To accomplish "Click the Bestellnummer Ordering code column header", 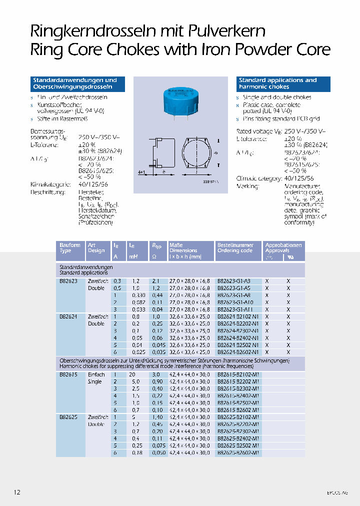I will (x=235, y=248).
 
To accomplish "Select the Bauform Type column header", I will (x=69, y=248).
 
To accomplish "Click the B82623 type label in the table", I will (x=68, y=281).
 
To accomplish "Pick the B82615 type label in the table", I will (x=68, y=374).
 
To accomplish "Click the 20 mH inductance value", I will (x=132, y=374).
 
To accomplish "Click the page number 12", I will (x=17, y=492).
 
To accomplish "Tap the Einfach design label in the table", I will (x=96, y=374).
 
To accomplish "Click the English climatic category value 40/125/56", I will (x=298, y=178).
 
